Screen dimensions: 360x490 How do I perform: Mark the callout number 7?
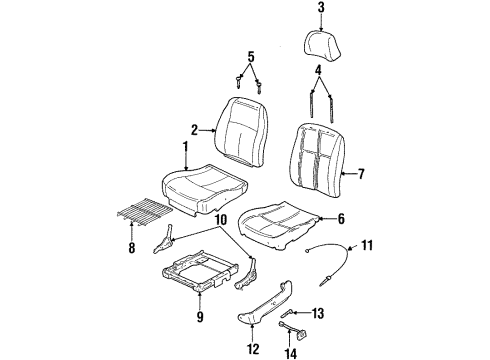(x=361, y=174)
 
